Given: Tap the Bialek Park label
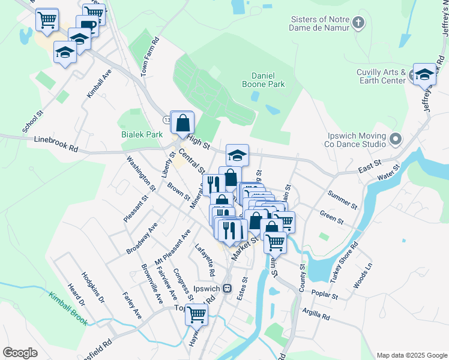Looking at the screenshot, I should pos(142,135).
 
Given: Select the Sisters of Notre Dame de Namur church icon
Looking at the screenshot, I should pos(358,23).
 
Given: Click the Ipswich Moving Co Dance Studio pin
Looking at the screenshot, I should pos(395,140).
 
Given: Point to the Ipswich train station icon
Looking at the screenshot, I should pos(227,288).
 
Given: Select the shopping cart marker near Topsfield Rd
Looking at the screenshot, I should pos(196,313).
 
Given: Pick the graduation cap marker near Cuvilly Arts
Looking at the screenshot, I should pos(424,74).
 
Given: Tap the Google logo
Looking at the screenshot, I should pos(20,352).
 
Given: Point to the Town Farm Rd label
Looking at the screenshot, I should pos(149,57).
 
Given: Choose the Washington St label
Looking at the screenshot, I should pos(140,173).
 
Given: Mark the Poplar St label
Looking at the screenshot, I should pos(325,295).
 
